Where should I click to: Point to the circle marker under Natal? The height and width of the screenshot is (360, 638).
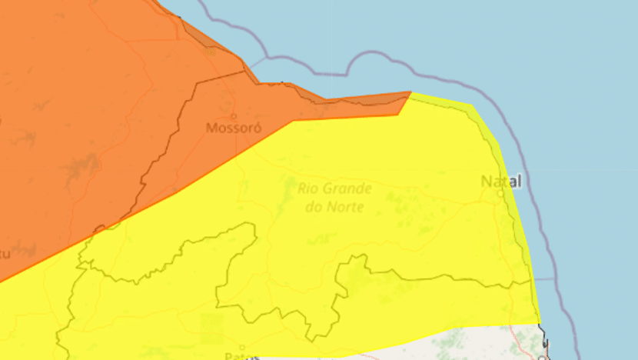click(x=500, y=193)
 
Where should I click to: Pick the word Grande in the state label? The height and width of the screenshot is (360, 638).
click(x=347, y=188)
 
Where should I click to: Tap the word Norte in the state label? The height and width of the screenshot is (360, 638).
click(x=345, y=207)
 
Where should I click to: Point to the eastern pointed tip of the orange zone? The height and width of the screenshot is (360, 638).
click(x=410, y=93)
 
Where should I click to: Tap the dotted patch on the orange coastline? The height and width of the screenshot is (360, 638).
click(x=209, y=52)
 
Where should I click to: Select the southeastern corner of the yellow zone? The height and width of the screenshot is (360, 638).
click(x=540, y=322)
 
